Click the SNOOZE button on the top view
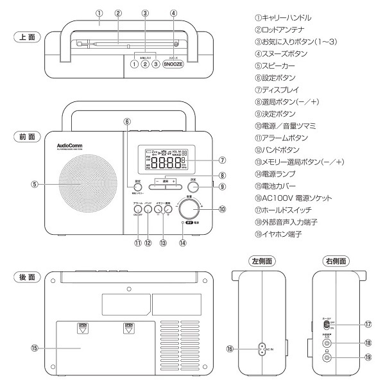pyautogui.click(x=173, y=64)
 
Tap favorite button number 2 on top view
pyautogui.click(x=145, y=64)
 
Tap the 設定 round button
pyautogui.click(x=137, y=182)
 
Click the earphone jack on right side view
pyautogui.click(x=327, y=358)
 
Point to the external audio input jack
pyautogui.click(x=327, y=343)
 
